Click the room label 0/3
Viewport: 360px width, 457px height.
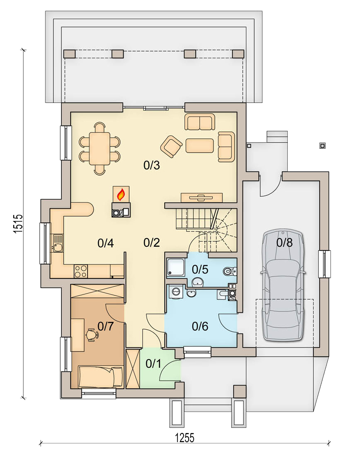pyautogui.click(x=152, y=165)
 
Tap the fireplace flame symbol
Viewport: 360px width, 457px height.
pyautogui.click(x=121, y=194)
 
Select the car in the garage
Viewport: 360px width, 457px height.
pyautogui.click(x=283, y=284)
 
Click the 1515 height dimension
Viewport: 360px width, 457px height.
pyautogui.click(x=18, y=224)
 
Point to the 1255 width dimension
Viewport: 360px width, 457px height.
pyautogui.click(x=185, y=438)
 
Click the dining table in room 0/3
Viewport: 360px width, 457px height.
pyautogui.click(x=99, y=149)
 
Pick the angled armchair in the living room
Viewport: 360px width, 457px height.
pyautogui.click(x=171, y=146)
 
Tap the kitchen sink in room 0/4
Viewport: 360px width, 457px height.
pyautogui.click(x=57, y=243)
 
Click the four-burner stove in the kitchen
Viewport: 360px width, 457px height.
pyautogui.click(x=81, y=271)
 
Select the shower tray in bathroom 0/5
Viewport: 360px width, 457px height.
pyautogui.click(x=175, y=267)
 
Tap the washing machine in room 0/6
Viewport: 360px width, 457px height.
pyautogui.click(x=176, y=292)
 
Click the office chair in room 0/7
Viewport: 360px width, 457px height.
pyautogui.click(x=92, y=335)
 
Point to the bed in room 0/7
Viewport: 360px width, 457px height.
pyautogui.click(x=100, y=377)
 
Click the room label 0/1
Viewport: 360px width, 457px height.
pyautogui.click(x=153, y=364)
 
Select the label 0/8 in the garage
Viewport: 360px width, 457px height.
pyautogui.click(x=284, y=243)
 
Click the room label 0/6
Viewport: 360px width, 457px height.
pyautogui.click(x=200, y=326)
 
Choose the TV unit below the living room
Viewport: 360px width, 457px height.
pyautogui.click(x=201, y=198)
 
